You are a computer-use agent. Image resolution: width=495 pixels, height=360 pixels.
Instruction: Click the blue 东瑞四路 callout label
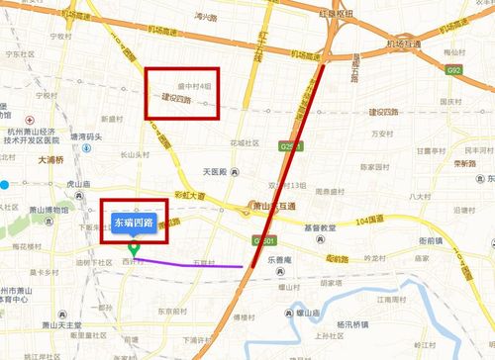point(134,224)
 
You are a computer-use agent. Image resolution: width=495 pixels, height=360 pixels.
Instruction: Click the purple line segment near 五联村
point(198,264)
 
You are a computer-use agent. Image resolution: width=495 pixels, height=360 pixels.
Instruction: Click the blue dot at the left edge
point(5,184)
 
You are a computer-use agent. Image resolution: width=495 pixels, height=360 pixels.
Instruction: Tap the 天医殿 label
point(215,172)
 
